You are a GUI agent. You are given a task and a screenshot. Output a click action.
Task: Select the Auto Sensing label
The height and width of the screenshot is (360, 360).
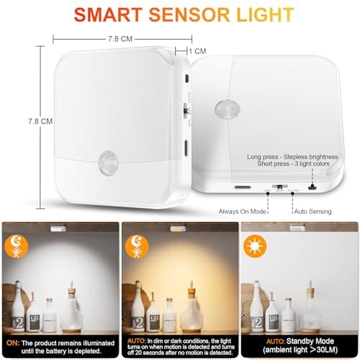312,212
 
